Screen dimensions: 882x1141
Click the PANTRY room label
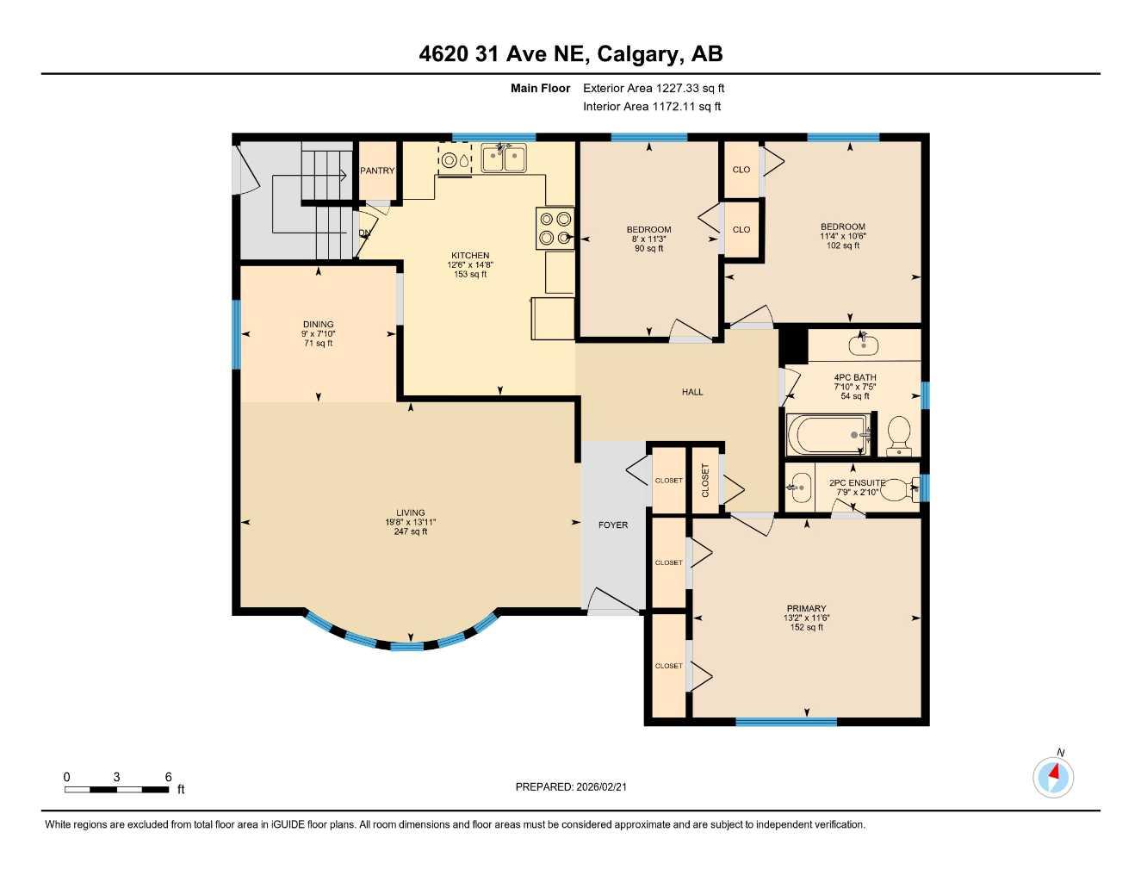click(377, 171)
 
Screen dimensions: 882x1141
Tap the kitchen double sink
click(504, 158)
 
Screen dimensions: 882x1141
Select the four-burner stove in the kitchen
click(555, 229)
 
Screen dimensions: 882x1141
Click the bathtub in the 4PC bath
click(828, 434)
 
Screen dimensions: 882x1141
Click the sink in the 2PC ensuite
click(800, 488)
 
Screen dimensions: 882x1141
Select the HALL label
click(692, 392)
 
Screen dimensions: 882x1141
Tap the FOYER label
click(613, 525)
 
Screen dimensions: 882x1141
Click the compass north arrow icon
click(1053, 776)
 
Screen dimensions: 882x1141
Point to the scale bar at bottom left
click(118, 789)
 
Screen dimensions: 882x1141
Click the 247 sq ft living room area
click(411, 531)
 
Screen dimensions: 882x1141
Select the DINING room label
click(318, 325)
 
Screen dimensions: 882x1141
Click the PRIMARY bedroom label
click(806, 608)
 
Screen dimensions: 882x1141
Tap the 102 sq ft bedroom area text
click(843, 245)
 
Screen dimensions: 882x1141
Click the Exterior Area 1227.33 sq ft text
click(654, 88)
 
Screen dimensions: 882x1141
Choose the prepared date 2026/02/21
click(577, 786)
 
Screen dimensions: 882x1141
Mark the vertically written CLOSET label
click(705, 481)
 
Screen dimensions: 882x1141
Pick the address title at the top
click(570, 54)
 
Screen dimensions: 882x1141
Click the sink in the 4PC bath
click(863, 345)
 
